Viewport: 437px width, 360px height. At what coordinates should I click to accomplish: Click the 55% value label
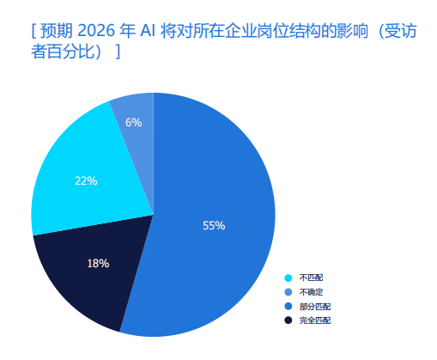214,226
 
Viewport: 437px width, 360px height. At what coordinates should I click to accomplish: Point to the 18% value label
98,263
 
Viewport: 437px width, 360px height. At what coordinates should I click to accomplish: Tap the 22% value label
86,181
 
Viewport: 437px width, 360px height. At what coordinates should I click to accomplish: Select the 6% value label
133,123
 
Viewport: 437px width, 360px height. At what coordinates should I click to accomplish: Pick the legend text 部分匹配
314,306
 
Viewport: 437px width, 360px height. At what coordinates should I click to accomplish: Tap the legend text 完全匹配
314,320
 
